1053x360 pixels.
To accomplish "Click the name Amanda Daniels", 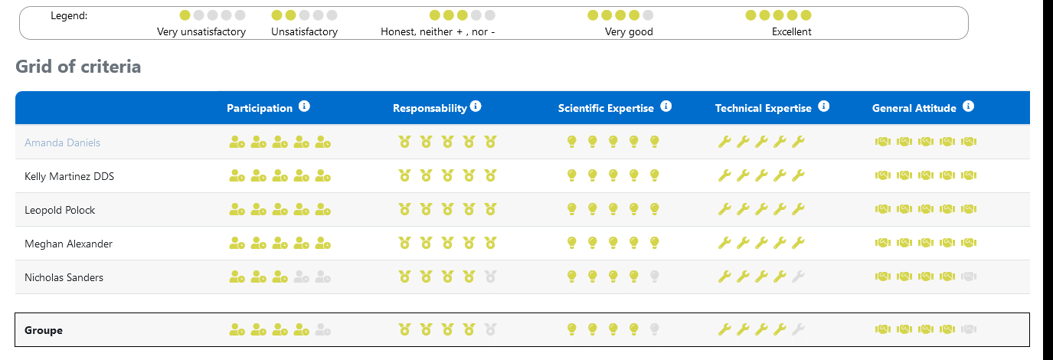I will coord(62,142).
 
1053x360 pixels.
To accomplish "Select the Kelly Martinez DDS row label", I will coord(69,176).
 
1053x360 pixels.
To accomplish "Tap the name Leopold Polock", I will coord(60,210).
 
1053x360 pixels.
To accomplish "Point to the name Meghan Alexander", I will coord(68,244).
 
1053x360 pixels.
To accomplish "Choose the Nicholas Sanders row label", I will coord(64,277).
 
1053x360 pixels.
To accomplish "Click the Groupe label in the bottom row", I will coord(44,330).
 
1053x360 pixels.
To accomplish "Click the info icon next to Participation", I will coord(304,106).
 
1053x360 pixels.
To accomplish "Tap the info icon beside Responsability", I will coord(476,106).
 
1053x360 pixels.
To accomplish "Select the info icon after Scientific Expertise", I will coord(665,106).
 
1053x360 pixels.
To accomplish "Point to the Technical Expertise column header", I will coord(763,108).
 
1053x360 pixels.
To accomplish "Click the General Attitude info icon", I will coord(968,106).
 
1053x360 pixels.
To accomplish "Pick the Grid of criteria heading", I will coord(78,67).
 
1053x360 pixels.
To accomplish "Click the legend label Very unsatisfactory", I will coord(201,32).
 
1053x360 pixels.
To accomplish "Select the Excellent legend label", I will coord(791,32).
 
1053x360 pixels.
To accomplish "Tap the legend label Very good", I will coord(629,32).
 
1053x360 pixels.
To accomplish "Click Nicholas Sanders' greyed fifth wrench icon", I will coord(798,277).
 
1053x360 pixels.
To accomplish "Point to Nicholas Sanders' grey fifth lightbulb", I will coord(654,277).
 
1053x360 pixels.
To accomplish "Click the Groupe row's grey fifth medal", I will coord(490,330).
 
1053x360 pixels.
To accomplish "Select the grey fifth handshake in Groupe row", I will coord(969,330).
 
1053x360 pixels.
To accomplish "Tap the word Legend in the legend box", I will coord(69,15).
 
